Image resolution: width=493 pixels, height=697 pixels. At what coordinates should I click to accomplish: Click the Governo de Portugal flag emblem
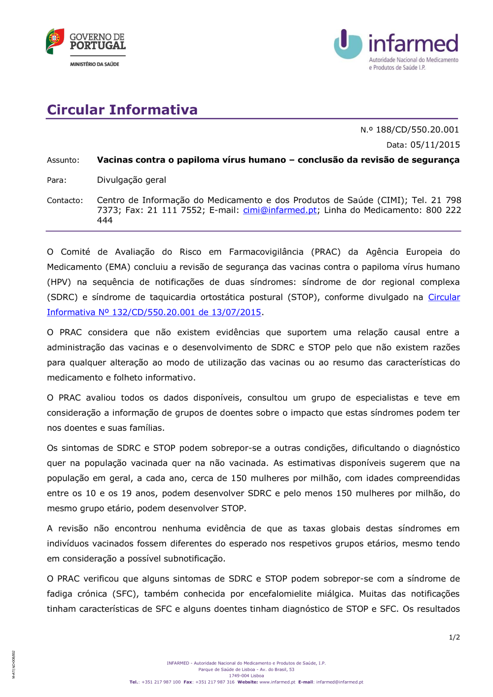55,41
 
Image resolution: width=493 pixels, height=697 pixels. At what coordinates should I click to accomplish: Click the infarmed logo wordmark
413,44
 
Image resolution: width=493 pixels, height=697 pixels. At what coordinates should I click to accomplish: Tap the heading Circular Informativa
122,109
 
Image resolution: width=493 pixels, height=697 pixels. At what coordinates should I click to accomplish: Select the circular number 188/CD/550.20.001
417,130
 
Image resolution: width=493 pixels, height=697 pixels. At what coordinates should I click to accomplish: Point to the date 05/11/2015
435,145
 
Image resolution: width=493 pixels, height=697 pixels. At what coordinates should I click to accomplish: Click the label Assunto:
63,160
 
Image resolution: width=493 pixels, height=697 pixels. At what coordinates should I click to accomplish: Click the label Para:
57,180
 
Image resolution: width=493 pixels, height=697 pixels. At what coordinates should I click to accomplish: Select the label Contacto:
65,201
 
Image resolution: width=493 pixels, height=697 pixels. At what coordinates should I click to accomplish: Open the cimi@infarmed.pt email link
280,210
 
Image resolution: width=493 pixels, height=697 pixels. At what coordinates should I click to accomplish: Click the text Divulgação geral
132,180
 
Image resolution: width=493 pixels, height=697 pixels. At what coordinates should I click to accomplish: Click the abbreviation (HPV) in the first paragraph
59,282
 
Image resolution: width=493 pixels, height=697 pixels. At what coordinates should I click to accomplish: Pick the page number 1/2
454,637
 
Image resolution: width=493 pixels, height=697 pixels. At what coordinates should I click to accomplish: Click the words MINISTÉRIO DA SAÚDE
95,64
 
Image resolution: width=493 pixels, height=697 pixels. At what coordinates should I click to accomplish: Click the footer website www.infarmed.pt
277,682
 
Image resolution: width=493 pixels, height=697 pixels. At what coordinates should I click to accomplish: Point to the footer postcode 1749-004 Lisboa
246,676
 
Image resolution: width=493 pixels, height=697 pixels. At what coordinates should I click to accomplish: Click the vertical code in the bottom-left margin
14,664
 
